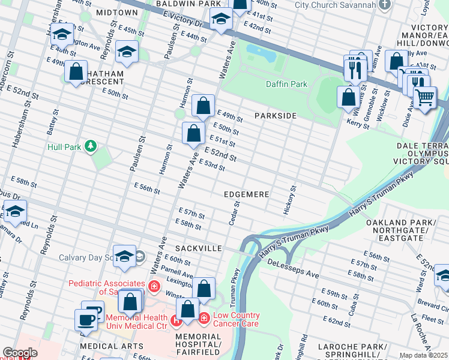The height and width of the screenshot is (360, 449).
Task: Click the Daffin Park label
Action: click(287, 85)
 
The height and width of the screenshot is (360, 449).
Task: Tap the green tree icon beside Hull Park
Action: click(90, 146)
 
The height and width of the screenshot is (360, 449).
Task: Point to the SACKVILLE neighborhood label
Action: click(199, 248)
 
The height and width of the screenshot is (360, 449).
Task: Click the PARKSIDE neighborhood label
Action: click(276, 115)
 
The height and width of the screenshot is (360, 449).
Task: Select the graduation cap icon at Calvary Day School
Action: click(124, 256)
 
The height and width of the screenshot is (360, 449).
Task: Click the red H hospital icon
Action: click(176, 320)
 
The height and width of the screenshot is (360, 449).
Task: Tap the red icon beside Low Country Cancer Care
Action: click(204, 317)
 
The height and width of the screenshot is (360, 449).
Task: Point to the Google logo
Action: click(20, 353)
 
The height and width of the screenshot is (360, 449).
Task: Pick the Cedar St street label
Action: click(235, 214)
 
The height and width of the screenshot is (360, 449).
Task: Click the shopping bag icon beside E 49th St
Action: click(203, 106)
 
